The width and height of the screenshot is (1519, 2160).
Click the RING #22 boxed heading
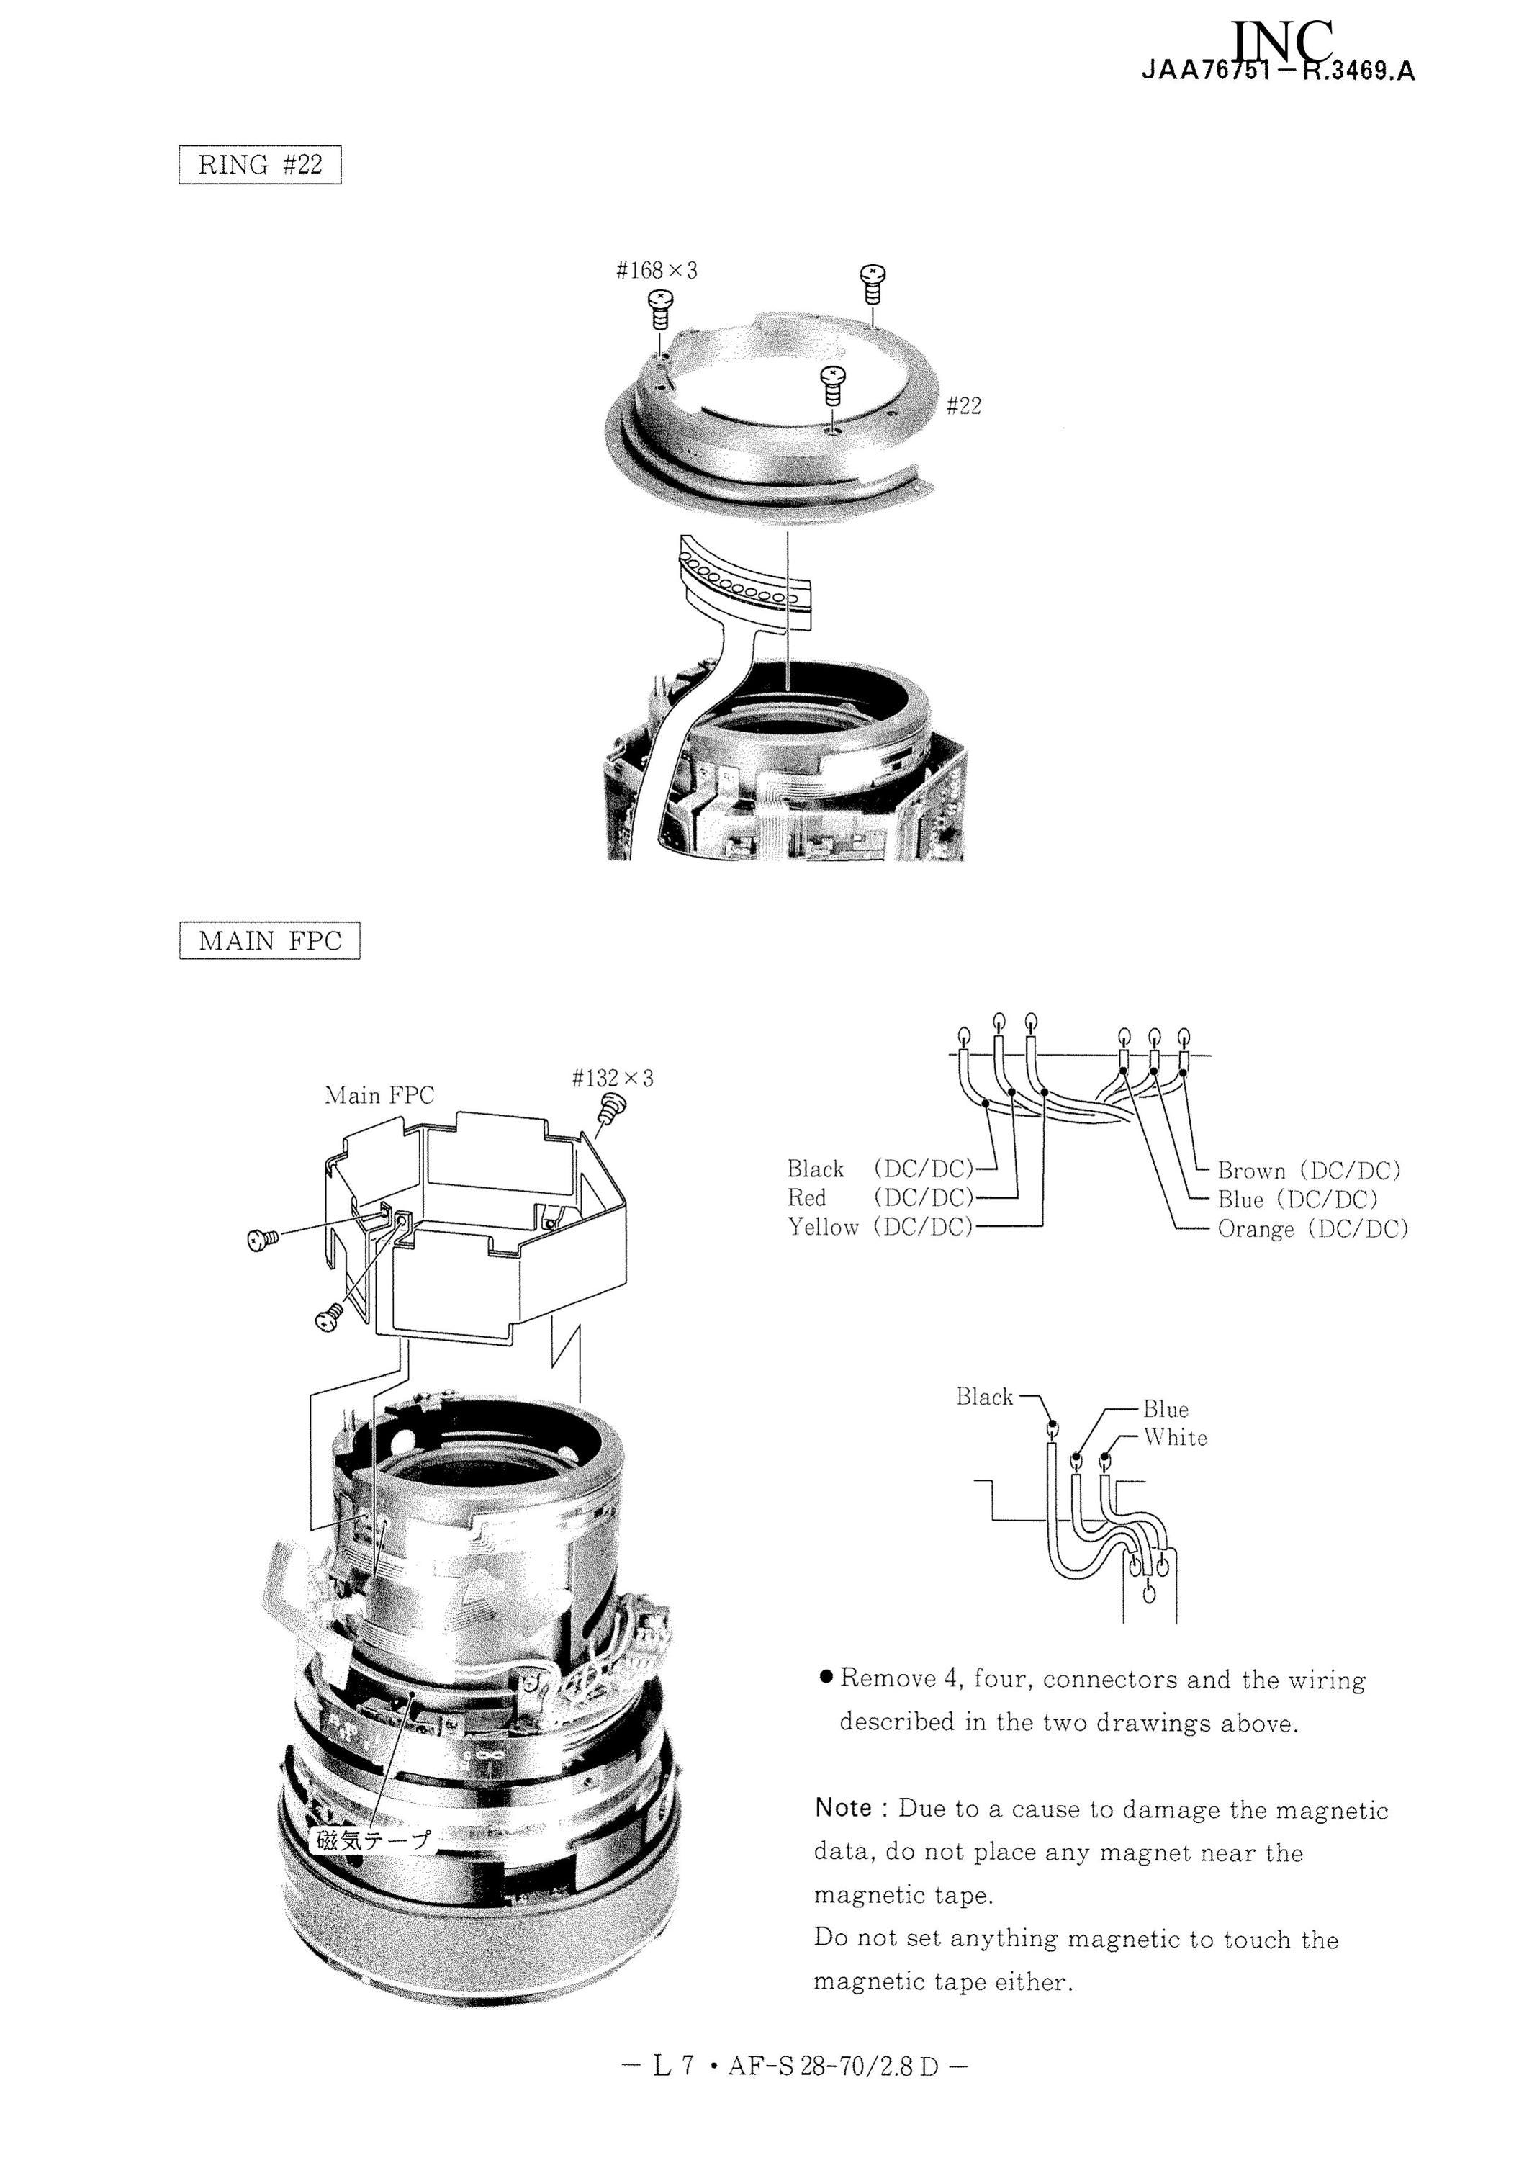260,165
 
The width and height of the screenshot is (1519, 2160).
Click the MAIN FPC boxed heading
269,941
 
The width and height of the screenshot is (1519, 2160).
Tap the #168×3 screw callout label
657,271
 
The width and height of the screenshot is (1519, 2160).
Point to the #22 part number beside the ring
964,405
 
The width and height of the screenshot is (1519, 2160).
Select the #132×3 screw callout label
613,1077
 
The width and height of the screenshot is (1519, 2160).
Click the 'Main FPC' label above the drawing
379,1095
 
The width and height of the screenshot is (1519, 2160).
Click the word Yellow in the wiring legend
823,1227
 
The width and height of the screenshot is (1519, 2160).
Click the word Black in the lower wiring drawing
985,1396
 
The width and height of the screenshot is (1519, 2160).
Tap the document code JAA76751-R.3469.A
1279,71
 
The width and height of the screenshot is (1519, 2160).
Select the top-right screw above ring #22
872,283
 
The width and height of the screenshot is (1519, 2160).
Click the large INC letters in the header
1281,43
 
